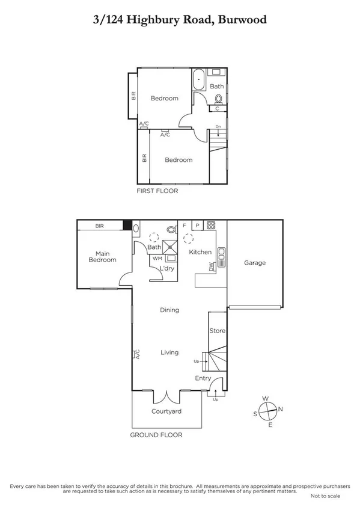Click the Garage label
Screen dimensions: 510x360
coord(255,263)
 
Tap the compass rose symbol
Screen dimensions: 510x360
coord(268,412)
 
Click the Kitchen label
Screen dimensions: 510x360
coord(200,252)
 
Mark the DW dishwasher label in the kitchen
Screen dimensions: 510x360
coord(212,267)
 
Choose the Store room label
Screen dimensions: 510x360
coord(217,331)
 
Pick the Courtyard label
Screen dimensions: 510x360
coord(166,411)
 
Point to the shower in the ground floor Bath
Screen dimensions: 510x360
coord(171,245)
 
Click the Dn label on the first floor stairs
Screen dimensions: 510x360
coord(218,127)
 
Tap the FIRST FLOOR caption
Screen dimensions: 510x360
coord(158,191)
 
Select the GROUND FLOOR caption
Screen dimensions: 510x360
coord(156,435)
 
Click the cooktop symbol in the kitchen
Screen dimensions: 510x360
coord(212,226)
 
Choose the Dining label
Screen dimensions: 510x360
coord(169,310)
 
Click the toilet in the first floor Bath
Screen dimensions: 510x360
coord(218,99)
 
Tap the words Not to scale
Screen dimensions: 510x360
coord(325,497)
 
